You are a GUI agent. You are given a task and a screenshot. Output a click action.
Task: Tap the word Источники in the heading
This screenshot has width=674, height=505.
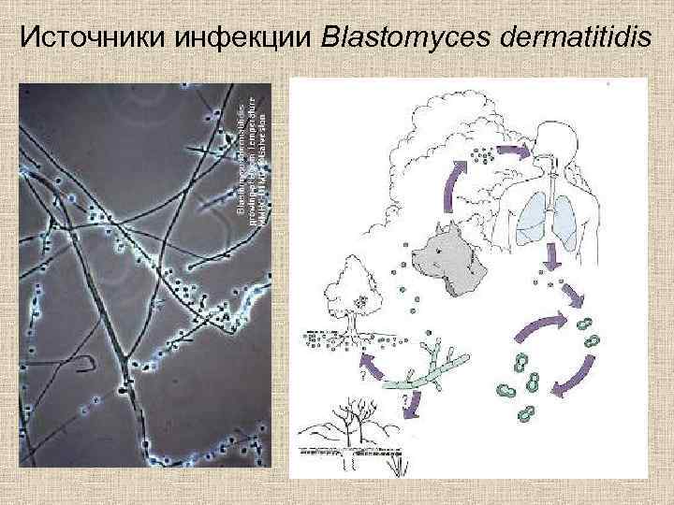coord(90,38)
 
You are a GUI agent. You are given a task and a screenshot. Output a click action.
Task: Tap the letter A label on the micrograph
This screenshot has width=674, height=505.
coord(227,316)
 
